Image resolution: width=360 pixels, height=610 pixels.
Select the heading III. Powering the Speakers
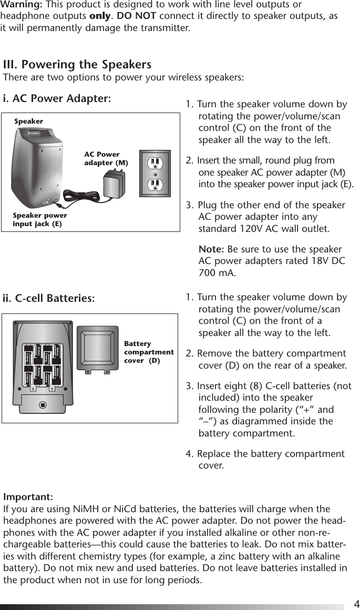77,65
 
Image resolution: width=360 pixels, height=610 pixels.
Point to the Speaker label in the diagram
28,121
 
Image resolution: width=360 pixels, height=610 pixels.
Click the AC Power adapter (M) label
106,159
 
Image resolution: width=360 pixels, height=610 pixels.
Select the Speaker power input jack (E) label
40,220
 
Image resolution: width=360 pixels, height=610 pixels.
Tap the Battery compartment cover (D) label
148,352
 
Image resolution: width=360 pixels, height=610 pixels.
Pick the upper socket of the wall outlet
155,161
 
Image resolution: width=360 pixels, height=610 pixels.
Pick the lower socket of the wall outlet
155,184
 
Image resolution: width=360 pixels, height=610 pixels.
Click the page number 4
356,603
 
